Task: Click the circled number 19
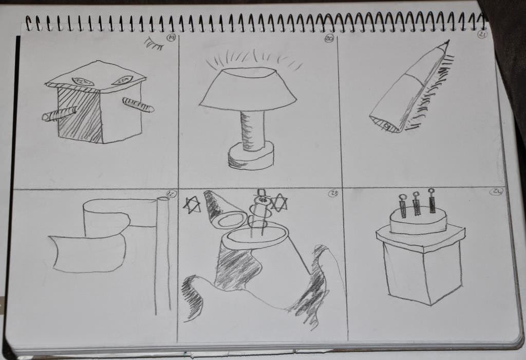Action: pyautogui.click(x=172, y=37)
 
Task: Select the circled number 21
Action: pyautogui.click(x=482, y=34)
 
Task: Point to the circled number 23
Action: pyautogui.click(x=333, y=194)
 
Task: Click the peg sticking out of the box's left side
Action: pyautogui.click(x=60, y=113)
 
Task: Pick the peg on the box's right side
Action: pyautogui.click(x=138, y=105)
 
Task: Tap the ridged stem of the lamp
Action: pyautogui.click(x=253, y=130)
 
